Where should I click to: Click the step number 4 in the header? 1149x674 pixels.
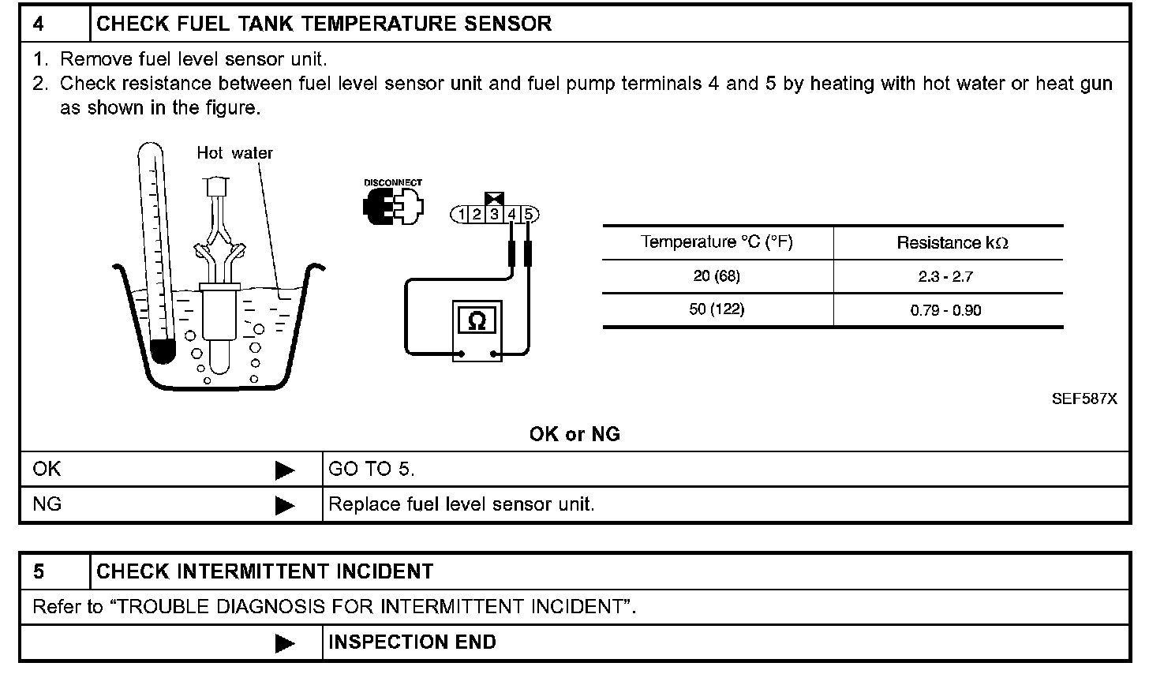(39, 24)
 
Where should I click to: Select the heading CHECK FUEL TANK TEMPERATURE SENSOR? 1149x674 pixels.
(324, 24)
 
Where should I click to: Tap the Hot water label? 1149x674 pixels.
(234, 153)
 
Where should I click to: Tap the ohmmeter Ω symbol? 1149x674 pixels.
(477, 320)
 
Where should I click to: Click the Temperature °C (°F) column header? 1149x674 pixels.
(717, 242)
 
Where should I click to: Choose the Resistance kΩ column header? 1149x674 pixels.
(952, 243)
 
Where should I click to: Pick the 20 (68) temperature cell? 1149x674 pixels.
(717, 276)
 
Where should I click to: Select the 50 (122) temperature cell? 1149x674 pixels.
(717, 309)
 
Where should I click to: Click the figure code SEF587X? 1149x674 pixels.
(1084, 399)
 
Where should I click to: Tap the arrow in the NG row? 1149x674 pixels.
(284, 504)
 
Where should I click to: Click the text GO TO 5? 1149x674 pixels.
(371, 470)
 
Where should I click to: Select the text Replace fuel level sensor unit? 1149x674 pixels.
(461, 504)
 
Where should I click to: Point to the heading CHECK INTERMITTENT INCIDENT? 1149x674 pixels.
(264, 571)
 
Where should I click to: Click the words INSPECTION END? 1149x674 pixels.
(412, 642)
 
